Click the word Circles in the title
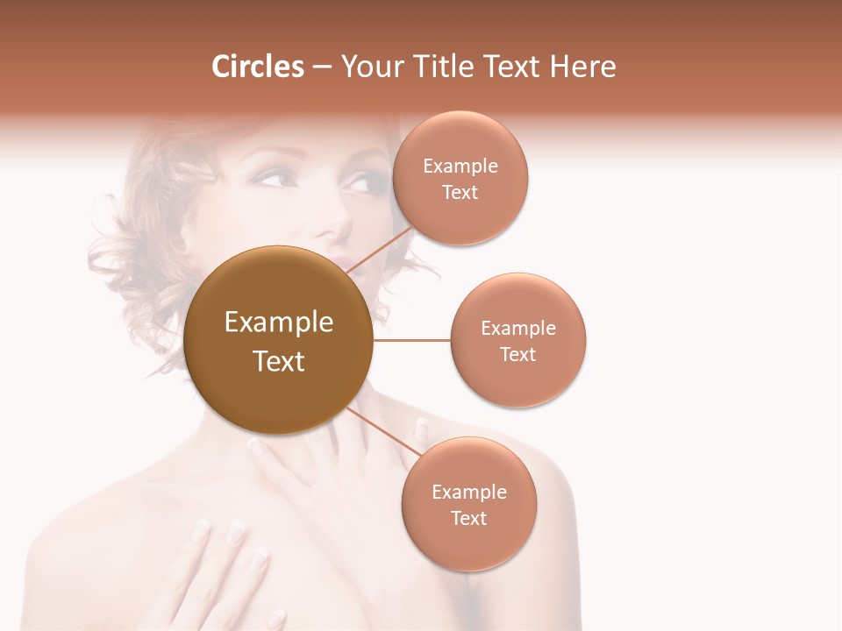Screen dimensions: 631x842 coord(257,67)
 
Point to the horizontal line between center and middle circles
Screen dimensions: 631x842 coord(411,340)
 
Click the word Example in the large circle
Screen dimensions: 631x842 coord(279,323)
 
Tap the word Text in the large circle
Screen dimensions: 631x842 coord(279,361)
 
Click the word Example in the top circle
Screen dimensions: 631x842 coord(460,167)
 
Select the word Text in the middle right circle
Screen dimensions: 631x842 coord(518,354)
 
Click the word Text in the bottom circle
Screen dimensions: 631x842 coord(468,518)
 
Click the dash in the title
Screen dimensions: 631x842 coord(322,67)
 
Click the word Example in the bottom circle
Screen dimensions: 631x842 coord(468,492)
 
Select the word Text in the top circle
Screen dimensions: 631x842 coord(460,192)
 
